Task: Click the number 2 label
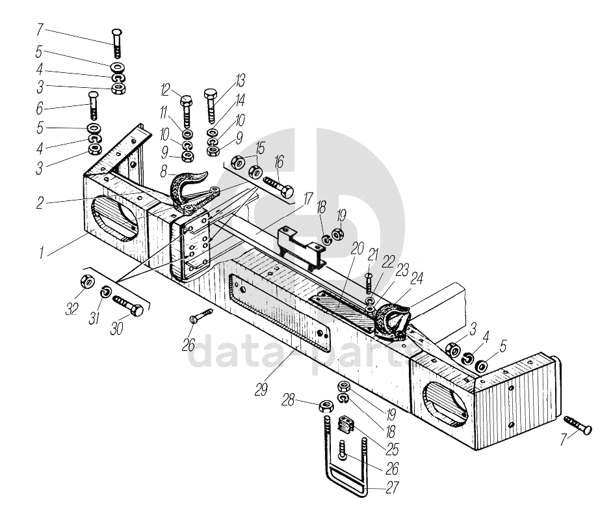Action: pos(40,203)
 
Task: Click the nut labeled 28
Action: pos(326,408)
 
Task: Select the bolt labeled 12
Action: pos(186,112)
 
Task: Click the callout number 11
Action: pos(163,113)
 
